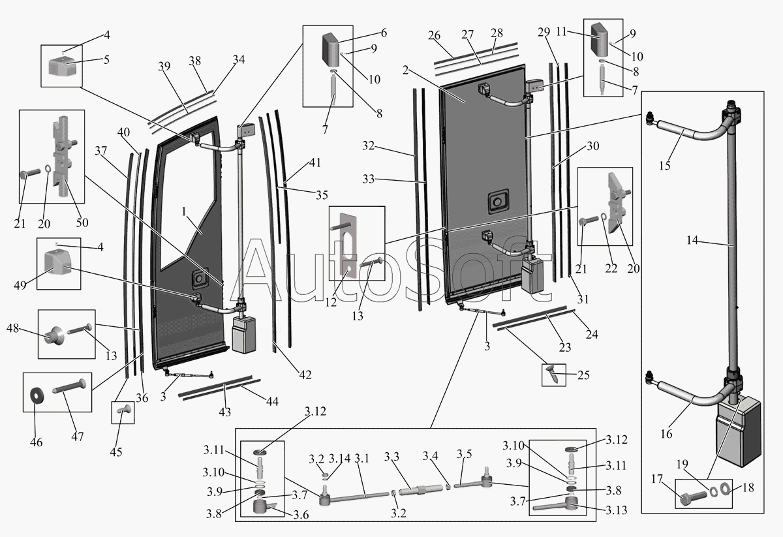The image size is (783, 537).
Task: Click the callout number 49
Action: tap(20, 285)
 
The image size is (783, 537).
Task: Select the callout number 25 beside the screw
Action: tap(583, 375)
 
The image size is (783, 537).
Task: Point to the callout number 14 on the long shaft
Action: tap(692, 240)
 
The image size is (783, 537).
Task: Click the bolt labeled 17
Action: tap(694, 498)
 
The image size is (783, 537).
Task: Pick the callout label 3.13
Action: tap(616, 510)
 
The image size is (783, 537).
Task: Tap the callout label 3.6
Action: tap(301, 515)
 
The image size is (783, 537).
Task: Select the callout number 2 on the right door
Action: tap(405, 70)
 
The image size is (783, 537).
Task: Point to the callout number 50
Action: tap(82, 222)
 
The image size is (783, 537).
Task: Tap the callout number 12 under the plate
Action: tap(331, 302)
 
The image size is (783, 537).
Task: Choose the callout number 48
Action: tap(12, 328)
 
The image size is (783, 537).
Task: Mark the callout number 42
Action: tap(305, 375)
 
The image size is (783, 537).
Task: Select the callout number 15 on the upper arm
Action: tap(665, 165)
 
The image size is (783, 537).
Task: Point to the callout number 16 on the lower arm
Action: tap(666, 434)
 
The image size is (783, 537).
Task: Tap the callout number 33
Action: tap(368, 179)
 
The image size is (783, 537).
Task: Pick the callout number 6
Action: tap(384, 33)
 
